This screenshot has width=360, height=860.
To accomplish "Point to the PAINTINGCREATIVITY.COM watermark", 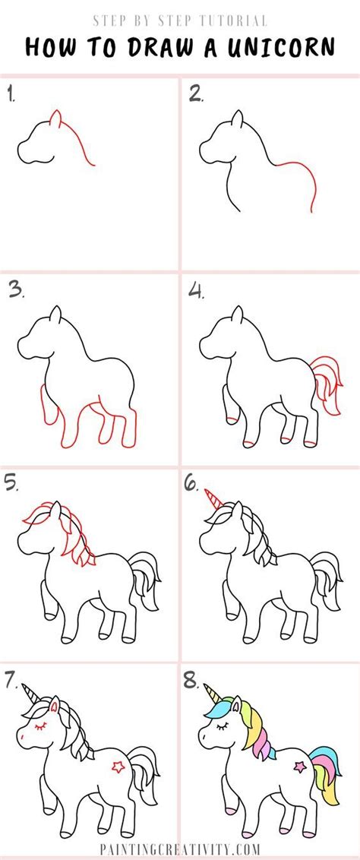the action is click(x=179, y=849).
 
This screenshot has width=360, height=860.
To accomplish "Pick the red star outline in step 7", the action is click(x=118, y=766).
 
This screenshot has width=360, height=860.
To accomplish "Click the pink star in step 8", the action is click(x=300, y=766).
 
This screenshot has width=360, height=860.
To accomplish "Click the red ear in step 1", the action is click(x=55, y=119).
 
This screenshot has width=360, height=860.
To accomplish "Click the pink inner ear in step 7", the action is click(x=54, y=707).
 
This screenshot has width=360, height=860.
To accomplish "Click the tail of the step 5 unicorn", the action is click(x=145, y=581).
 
